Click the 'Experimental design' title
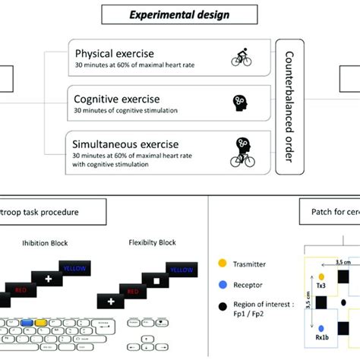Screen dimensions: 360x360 point(180,14)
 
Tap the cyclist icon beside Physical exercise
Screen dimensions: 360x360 point(241,58)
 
